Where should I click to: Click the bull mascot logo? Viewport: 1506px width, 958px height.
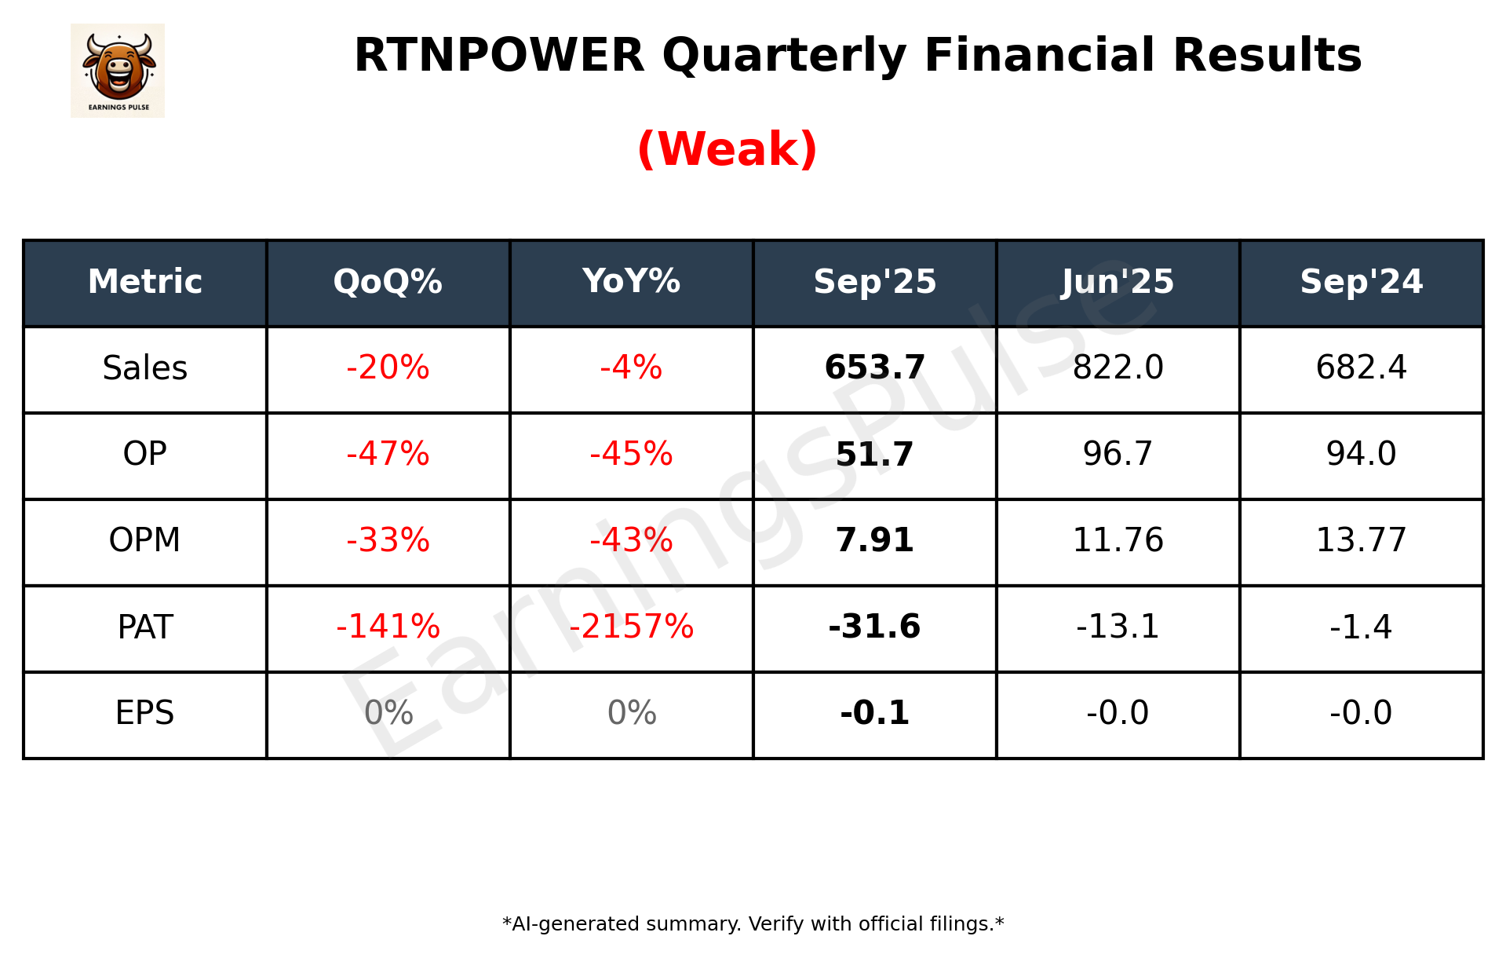click(118, 71)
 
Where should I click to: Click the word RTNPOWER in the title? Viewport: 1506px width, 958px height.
click(499, 56)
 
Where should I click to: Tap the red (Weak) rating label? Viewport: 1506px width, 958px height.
click(727, 149)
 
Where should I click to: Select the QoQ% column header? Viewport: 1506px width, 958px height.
click(388, 282)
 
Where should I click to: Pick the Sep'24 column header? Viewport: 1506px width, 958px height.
click(1361, 282)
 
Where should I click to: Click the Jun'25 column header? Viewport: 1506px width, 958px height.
click(1118, 282)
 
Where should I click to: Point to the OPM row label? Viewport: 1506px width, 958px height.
click(144, 540)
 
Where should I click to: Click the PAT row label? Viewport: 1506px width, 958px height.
click(144, 627)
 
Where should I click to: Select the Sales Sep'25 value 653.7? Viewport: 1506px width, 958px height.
click(874, 367)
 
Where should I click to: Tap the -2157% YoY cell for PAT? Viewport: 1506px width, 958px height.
click(631, 627)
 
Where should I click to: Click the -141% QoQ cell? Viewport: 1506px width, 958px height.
click(388, 627)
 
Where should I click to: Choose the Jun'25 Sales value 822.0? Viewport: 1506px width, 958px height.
click(1118, 367)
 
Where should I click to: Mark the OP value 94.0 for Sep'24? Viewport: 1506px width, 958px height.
click(1361, 454)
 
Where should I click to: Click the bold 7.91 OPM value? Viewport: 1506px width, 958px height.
click(874, 540)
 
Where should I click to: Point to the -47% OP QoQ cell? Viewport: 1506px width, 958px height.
click(388, 454)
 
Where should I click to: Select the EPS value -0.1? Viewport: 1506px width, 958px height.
click(874, 713)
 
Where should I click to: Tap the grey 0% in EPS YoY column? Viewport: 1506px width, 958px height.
click(631, 713)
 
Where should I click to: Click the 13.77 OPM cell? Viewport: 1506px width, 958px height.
click(1361, 540)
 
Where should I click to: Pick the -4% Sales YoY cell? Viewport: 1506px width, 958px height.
click(631, 367)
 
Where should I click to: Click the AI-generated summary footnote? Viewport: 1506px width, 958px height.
click(753, 924)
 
